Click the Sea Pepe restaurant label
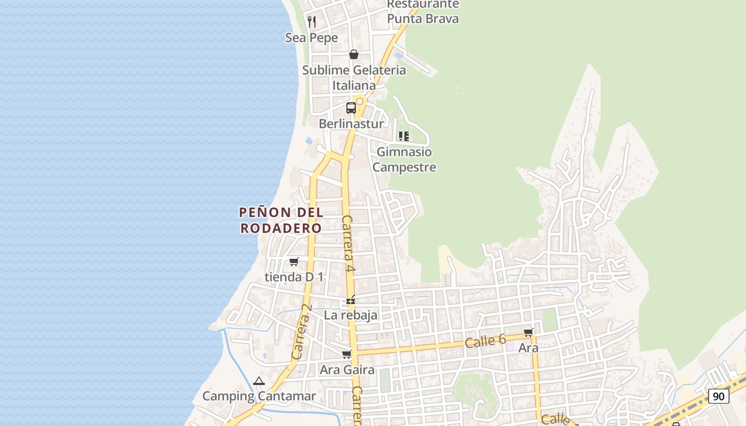(312, 38)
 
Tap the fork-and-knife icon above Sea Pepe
(312, 21)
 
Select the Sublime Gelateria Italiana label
(354, 77)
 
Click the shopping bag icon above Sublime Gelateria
(353, 54)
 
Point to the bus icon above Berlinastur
(351, 108)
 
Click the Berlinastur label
(351, 124)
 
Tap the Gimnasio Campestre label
(404, 159)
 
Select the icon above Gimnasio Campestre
(404, 136)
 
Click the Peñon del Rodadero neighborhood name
(281, 220)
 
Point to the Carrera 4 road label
(348, 244)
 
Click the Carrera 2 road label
(302, 331)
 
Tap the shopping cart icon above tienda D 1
(294, 261)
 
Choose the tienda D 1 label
(294, 277)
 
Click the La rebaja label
(351, 315)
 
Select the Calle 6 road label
(485, 341)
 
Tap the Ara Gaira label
(347, 370)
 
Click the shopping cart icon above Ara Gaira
(347, 354)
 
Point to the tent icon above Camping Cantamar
(259, 381)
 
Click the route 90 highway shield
(719, 396)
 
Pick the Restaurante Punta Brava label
(423, 11)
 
